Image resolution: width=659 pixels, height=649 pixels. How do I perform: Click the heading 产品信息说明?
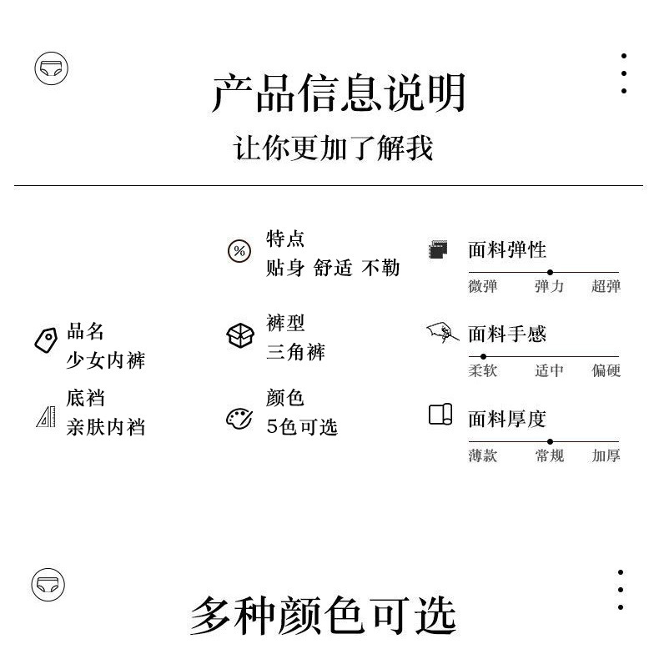[x=338, y=93]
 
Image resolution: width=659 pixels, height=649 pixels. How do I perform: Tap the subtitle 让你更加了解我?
[x=333, y=149]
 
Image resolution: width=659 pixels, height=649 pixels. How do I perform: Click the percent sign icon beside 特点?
[x=239, y=251]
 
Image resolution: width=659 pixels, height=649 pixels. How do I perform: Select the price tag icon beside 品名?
[x=45, y=340]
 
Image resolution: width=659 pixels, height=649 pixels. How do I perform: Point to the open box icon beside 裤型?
[x=239, y=335]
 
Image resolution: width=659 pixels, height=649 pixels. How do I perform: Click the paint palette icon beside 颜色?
[x=239, y=418]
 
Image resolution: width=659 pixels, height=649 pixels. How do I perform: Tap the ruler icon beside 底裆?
[x=46, y=415]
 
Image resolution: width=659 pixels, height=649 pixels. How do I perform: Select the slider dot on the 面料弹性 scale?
[x=550, y=272]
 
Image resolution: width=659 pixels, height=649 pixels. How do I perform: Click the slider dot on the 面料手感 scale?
[x=484, y=356]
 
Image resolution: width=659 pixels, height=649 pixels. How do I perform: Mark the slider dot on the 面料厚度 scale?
[x=550, y=441]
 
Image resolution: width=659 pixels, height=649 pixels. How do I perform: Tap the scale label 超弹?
[x=606, y=287]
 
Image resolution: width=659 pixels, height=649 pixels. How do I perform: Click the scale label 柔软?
[x=482, y=371]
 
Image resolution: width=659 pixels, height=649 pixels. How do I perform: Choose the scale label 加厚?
[x=606, y=456]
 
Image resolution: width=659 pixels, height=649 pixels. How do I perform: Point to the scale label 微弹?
[x=482, y=287]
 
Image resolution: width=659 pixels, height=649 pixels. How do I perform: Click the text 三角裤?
[x=295, y=352]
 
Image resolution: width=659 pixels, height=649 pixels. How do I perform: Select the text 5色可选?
[x=301, y=427]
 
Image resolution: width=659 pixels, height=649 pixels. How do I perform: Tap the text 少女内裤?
[x=105, y=360]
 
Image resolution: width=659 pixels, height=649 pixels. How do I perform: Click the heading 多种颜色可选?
[x=323, y=616]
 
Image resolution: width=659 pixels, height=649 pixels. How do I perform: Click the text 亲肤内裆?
[x=105, y=427]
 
